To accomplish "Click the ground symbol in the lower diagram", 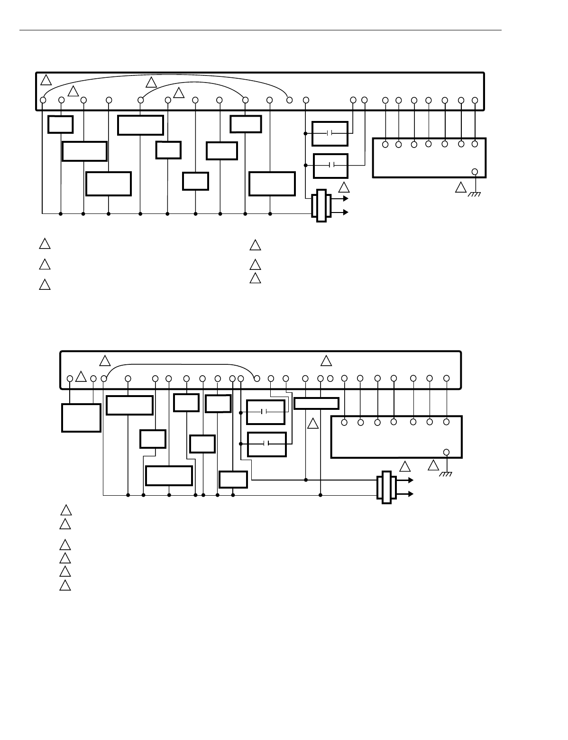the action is (x=446, y=474).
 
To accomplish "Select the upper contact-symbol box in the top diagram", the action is (x=330, y=133).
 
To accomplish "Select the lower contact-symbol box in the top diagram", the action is (x=331, y=165).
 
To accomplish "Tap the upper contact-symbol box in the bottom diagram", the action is (x=266, y=412).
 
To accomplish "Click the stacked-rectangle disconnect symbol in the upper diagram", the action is (x=321, y=205).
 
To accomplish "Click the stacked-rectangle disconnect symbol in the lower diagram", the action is (x=386, y=488).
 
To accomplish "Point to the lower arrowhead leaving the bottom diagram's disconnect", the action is (x=411, y=494).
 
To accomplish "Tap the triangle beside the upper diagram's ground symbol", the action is (x=460, y=187).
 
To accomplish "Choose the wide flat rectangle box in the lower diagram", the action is (x=316, y=403).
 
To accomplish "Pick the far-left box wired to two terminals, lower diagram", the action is (x=81, y=417).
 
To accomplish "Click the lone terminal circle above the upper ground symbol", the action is (x=475, y=172).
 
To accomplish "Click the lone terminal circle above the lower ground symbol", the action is (x=446, y=452).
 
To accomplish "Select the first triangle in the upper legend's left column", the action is (x=44, y=244).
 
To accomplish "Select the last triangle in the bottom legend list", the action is (x=65, y=585).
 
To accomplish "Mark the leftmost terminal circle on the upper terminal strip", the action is (x=43, y=100).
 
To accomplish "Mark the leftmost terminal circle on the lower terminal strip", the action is (x=70, y=379).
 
